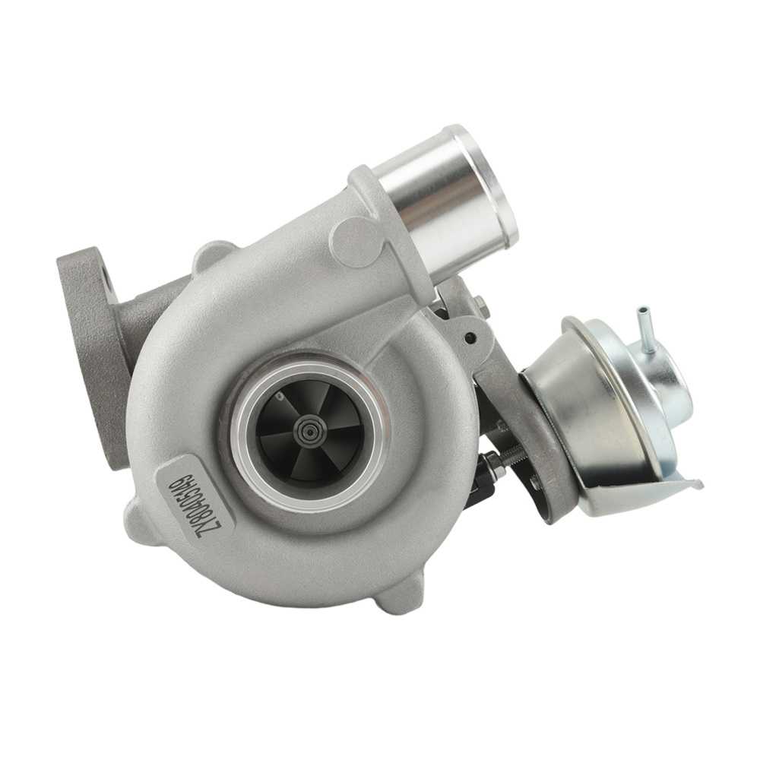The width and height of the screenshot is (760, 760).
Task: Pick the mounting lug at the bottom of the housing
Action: (x=401, y=590)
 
